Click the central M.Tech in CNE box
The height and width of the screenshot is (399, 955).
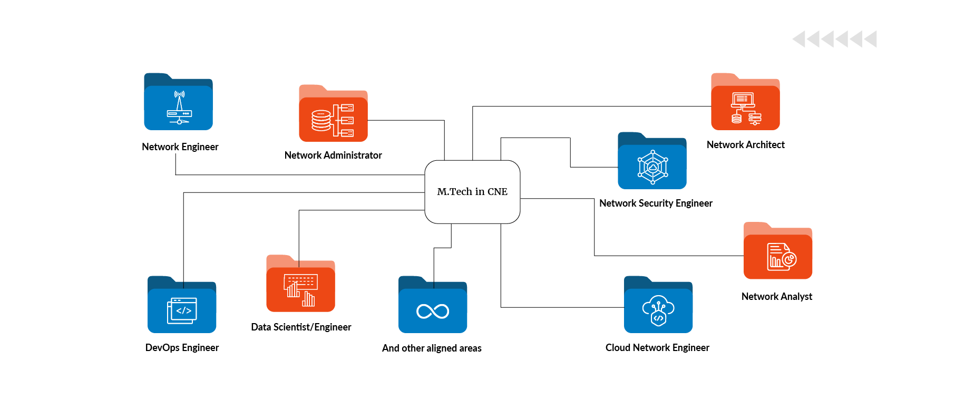point(472,192)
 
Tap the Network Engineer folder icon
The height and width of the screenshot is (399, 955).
point(178,102)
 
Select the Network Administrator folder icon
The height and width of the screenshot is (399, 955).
point(333,114)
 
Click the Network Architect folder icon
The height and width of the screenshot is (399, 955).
point(745,102)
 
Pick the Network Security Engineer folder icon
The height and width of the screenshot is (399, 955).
point(652,161)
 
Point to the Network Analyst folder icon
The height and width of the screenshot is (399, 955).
point(778,251)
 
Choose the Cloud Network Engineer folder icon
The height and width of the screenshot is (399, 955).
point(658,305)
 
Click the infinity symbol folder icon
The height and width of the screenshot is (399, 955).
point(433,305)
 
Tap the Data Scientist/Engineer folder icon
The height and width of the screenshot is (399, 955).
point(300,284)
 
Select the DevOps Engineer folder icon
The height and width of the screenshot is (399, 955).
point(182,305)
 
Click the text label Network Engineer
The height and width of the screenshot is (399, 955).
point(180,147)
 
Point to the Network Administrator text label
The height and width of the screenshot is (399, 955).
point(333,155)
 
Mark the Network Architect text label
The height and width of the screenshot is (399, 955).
point(745,145)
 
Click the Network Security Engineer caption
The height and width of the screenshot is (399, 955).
point(656,203)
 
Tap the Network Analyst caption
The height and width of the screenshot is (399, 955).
point(777,297)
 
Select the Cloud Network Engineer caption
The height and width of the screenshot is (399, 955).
point(657,348)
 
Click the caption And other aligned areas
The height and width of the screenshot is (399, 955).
point(432,348)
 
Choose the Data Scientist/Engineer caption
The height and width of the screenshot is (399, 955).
point(301,327)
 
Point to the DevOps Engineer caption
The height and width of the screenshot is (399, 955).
point(182,348)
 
